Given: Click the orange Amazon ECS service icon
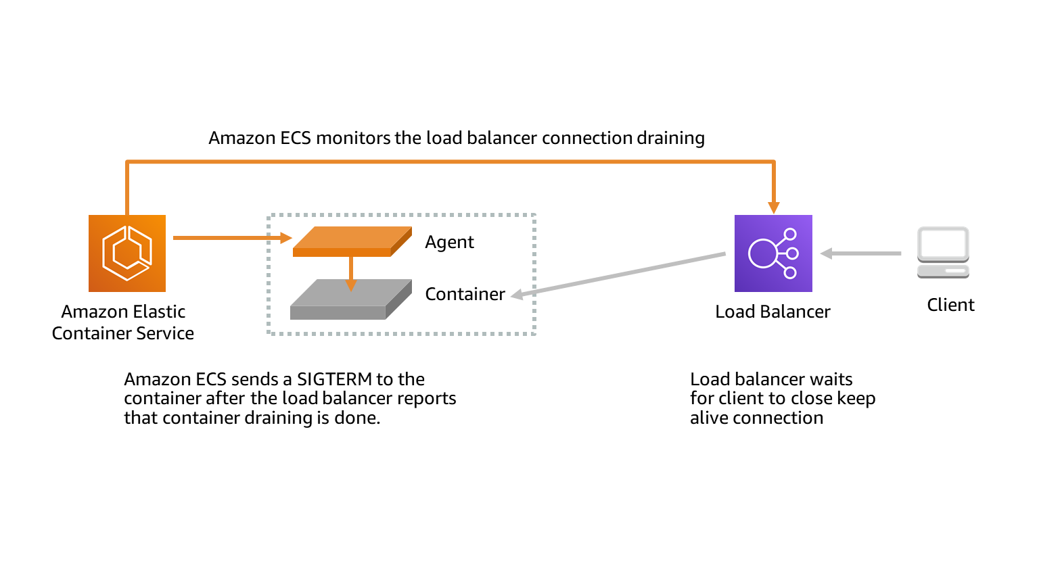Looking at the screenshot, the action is tap(127, 253).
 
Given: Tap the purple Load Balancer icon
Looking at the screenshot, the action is tap(773, 253).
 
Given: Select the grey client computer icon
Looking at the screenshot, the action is tap(943, 253).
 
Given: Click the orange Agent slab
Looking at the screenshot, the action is tap(352, 241).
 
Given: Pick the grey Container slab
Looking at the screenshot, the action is tap(351, 299).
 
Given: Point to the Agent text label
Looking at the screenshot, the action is tap(449, 242).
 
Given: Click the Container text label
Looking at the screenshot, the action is tap(465, 294).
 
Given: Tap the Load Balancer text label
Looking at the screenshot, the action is tap(772, 312).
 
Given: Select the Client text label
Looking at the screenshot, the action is tap(950, 305).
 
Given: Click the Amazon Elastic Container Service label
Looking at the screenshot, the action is tap(123, 322).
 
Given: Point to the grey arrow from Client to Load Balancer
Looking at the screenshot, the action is tap(861, 253).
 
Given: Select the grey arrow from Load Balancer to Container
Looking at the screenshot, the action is tap(618, 274).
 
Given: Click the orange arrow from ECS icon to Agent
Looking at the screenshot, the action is tap(233, 238).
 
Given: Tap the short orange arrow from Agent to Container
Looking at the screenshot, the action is tap(351, 274).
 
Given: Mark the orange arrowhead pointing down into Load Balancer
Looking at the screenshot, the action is tap(773, 208).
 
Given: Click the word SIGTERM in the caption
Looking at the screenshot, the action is tap(334, 379).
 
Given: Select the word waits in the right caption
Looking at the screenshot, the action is tap(831, 379).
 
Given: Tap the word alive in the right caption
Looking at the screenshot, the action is tap(710, 418).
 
